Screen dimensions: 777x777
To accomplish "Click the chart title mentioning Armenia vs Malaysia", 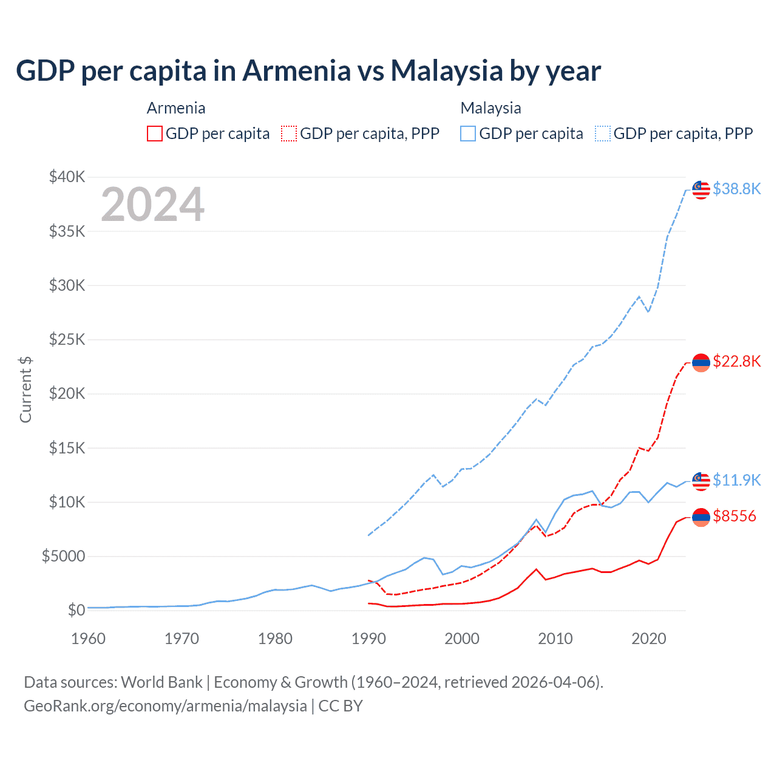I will click(x=308, y=71).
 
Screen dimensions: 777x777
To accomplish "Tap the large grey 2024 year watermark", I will click(x=152, y=205).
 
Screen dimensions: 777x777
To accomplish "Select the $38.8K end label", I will click(x=736, y=189).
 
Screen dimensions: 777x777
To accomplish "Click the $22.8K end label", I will click(x=736, y=362).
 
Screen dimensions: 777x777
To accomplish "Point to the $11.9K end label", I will click(x=736, y=480).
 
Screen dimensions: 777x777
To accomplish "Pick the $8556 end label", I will click(x=735, y=516).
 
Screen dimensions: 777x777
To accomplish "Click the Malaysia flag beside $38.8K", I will click(x=701, y=189).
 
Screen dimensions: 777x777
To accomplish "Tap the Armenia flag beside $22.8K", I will click(x=701, y=362).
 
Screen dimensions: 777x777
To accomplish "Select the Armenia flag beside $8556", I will click(x=701, y=517).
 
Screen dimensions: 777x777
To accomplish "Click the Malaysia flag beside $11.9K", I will click(x=701, y=481).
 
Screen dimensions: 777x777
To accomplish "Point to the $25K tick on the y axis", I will click(x=67, y=339).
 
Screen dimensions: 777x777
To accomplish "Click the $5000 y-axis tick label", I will click(x=63, y=556).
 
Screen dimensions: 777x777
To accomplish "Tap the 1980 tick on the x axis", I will click(x=275, y=639).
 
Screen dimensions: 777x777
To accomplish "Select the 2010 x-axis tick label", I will click(x=555, y=639).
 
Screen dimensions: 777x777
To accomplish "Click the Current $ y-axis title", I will click(x=25, y=389).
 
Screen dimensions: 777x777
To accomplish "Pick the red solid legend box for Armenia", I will click(x=155, y=134).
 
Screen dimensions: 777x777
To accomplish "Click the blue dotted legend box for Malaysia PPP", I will click(x=603, y=134).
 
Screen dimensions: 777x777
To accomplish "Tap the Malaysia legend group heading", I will click(x=490, y=108).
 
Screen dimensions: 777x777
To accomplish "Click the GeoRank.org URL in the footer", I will click(x=165, y=706).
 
